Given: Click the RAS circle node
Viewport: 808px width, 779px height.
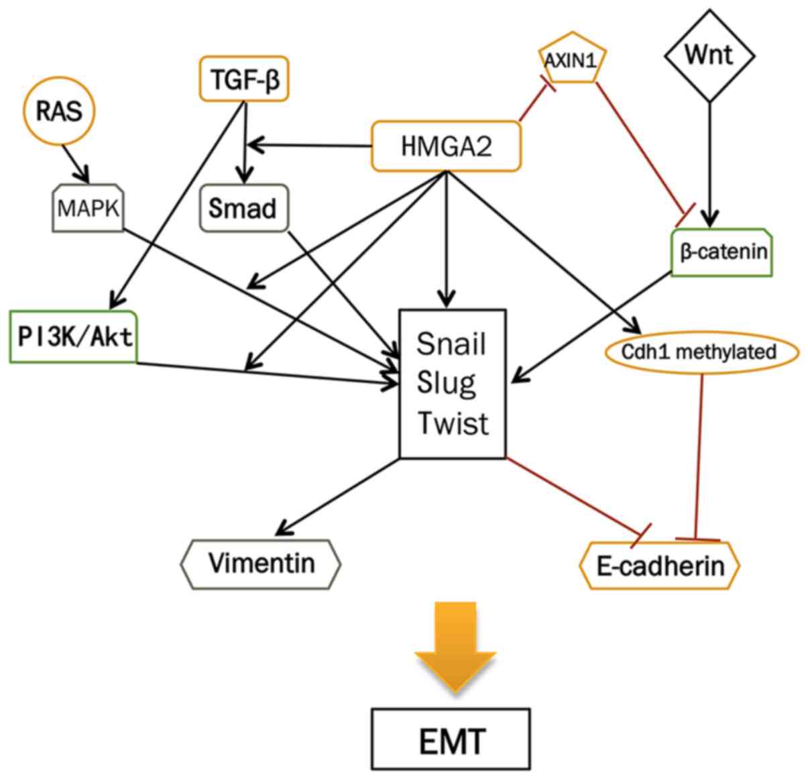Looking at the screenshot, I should click(x=59, y=111).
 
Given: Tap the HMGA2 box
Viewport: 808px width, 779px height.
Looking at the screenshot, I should click(x=446, y=146).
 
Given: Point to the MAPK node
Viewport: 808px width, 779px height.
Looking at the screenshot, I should click(x=88, y=209).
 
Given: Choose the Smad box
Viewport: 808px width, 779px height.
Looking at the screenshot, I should click(x=242, y=209).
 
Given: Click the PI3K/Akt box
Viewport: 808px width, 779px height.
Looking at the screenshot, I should click(x=74, y=336).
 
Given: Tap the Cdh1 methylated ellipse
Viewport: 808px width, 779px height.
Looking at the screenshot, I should click(x=699, y=352).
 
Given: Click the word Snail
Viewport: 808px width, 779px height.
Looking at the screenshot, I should click(x=451, y=344).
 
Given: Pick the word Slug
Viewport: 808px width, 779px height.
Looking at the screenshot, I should click(x=446, y=383).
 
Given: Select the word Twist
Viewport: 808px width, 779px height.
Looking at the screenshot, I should click(x=453, y=423).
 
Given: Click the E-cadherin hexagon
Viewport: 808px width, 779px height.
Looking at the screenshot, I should click(x=660, y=566).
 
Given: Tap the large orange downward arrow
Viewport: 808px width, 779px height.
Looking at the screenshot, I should click(x=455, y=645).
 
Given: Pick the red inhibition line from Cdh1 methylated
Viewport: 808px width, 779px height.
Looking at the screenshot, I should click(x=699, y=456).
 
